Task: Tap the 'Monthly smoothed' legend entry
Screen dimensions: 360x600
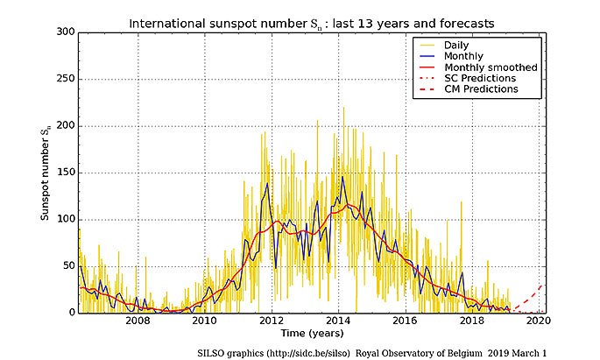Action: point(490,67)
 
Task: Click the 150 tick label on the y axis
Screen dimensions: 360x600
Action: point(64,173)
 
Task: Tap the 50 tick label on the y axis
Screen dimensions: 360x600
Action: point(67,266)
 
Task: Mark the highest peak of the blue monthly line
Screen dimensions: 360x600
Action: point(342,178)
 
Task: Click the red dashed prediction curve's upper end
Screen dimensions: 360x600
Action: point(542,284)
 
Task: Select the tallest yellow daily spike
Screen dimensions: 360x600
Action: point(343,108)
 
